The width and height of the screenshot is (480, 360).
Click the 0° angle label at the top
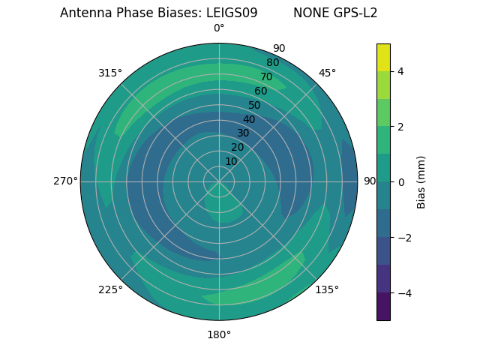(219, 28)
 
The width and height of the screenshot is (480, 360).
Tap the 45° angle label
(327, 73)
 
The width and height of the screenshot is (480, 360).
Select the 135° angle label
(327, 289)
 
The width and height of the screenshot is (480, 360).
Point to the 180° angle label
(219, 334)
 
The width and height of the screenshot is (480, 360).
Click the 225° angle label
(110, 289)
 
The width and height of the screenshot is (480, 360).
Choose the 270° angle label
(65, 181)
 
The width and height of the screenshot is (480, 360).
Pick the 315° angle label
(110, 73)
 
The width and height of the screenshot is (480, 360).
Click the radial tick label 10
(231, 161)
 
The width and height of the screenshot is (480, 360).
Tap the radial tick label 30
(243, 133)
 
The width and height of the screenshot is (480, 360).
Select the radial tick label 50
(254, 105)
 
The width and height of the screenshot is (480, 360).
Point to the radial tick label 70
(266, 76)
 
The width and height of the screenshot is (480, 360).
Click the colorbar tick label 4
(400, 71)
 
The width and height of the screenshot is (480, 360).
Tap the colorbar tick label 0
(400, 182)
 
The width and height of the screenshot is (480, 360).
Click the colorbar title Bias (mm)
(421, 182)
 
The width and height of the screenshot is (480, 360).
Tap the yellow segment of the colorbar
(383, 57)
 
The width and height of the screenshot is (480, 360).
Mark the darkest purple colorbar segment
(383, 307)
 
